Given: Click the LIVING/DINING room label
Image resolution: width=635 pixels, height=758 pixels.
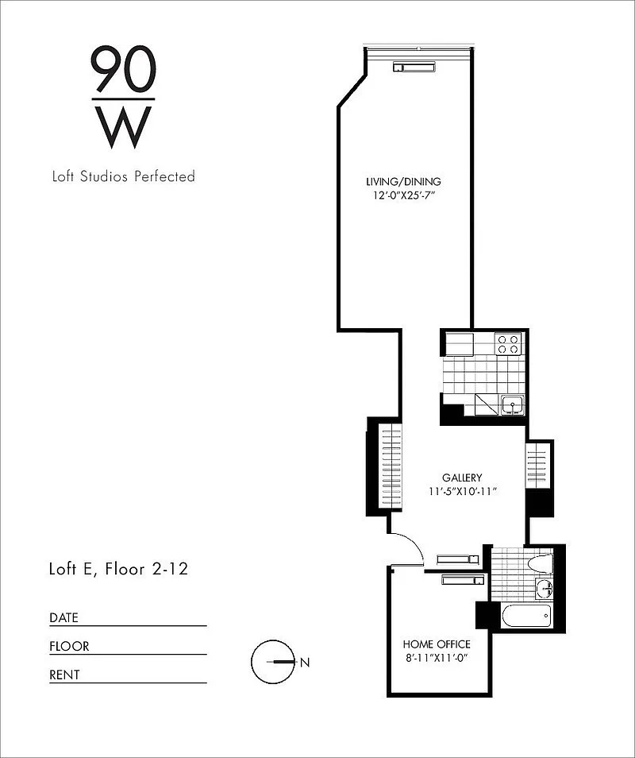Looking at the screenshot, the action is pyautogui.click(x=404, y=182).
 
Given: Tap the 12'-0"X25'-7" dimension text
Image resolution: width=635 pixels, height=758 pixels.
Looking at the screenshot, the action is pyautogui.click(x=404, y=195).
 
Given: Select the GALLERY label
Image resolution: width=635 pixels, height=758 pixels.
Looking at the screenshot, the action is pyautogui.click(x=462, y=478).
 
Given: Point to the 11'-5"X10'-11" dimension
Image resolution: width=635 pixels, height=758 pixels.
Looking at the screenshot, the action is pyautogui.click(x=463, y=492).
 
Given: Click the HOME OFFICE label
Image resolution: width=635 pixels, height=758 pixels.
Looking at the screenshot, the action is pyautogui.click(x=437, y=644).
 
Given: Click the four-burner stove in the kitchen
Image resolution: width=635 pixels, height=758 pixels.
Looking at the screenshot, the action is pyautogui.click(x=508, y=344).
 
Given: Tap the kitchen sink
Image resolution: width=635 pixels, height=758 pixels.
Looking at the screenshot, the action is pyautogui.click(x=512, y=405).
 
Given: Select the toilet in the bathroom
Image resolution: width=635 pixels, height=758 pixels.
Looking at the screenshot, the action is pyautogui.click(x=541, y=563).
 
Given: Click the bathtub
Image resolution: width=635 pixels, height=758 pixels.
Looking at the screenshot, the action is pyautogui.click(x=526, y=617).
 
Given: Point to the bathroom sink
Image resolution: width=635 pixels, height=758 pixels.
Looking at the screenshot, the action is pyautogui.click(x=545, y=588).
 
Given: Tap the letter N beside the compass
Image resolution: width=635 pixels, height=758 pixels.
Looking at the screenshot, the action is pyautogui.click(x=305, y=663).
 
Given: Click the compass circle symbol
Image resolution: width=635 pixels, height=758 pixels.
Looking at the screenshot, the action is pyautogui.click(x=273, y=662).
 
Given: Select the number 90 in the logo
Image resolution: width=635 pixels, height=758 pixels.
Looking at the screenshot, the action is pyautogui.click(x=124, y=68).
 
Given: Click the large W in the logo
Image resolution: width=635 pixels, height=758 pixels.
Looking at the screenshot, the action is pyautogui.click(x=124, y=128).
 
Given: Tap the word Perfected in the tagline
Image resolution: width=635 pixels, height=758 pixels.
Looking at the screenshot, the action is pyautogui.click(x=164, y=176).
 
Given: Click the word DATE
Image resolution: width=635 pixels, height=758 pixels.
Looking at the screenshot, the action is pyautogui.click(x=63, y=618).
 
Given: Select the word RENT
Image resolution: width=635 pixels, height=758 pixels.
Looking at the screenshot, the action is pyautogui.click(x=64, y=675).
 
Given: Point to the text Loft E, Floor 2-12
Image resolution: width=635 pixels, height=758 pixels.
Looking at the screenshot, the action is pyautogui.click(x=119, y=569).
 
